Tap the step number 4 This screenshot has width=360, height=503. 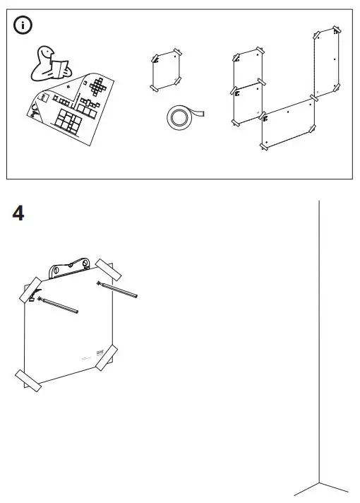18,213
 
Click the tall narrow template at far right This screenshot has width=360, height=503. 326,60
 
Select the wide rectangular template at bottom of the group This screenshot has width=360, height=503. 288,124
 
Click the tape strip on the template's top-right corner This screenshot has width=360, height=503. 110,271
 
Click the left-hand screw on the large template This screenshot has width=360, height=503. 59,305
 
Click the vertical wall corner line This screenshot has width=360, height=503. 320,318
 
